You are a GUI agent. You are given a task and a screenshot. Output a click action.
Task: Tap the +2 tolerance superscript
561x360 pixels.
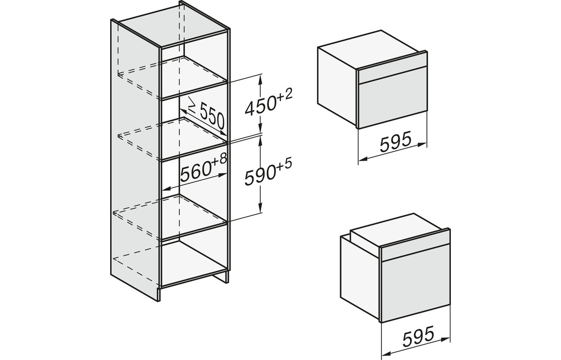[x=285, y=96]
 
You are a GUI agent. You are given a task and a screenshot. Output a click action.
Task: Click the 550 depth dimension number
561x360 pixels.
[x=212, y=115]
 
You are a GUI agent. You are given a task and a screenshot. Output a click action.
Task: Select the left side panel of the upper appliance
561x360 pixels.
[x=337, y=86]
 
